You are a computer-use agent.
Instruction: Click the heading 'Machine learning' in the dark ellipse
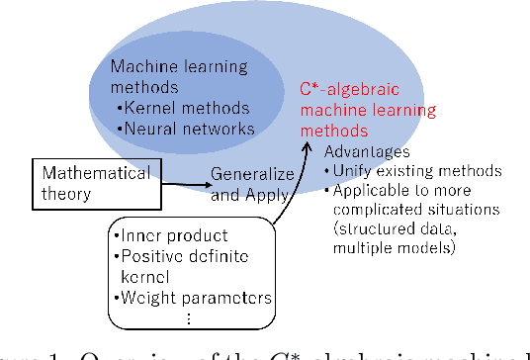(168, 67)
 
